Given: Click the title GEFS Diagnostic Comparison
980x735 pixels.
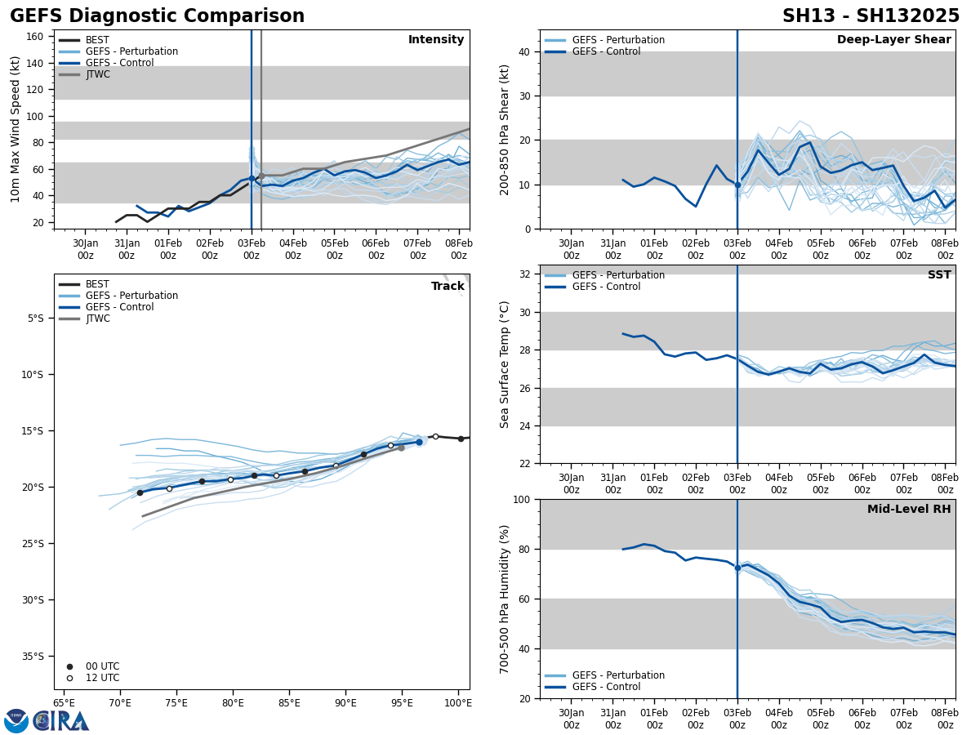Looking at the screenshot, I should pos(157,16).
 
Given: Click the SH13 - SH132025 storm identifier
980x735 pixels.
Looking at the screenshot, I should pos(871,16).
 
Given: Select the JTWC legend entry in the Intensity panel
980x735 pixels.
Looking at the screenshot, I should pos(97,74).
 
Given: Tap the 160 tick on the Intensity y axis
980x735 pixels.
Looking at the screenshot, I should pos(36,37).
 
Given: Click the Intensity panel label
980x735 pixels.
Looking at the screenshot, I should pos(436,40).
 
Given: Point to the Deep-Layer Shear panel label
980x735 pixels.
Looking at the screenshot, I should pos(893,40).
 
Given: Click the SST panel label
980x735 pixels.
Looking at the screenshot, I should pos(939,275).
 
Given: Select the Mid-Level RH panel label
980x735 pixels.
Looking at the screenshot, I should pos(909,510).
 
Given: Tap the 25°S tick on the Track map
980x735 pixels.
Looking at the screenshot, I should pos(37,543).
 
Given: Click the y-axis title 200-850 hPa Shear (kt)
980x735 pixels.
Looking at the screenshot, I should pos(506,129).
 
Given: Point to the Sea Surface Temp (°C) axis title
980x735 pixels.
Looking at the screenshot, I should pos(506,364).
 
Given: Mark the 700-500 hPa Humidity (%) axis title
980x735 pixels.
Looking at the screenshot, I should pos(506,599).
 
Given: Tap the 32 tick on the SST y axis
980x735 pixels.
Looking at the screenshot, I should pos(526,274).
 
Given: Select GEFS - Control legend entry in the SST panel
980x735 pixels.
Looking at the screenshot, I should pos(606,287).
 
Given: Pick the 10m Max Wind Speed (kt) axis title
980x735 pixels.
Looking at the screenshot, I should pos(15,129).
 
